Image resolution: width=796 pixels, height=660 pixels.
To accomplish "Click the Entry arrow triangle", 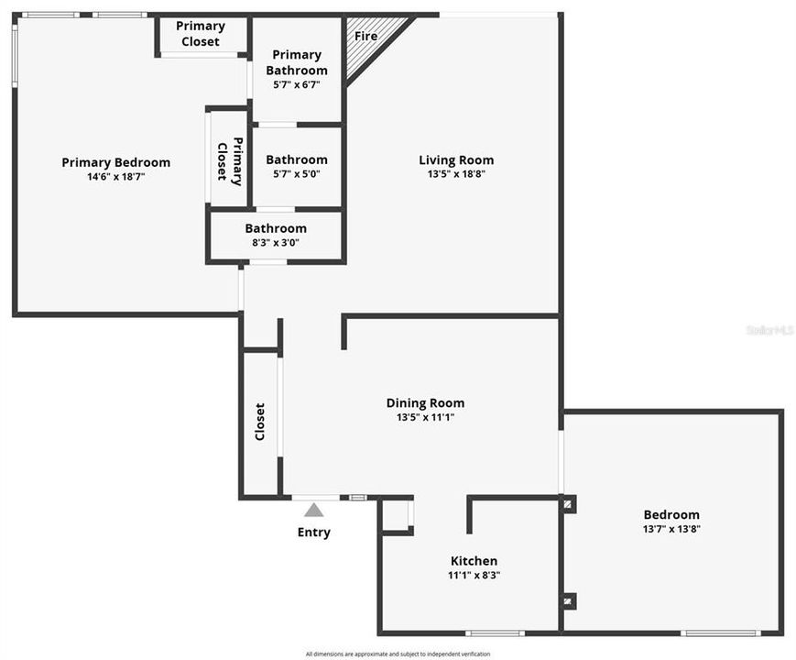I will tap(314, 510).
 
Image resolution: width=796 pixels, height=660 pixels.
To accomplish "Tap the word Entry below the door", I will tap(314, 533).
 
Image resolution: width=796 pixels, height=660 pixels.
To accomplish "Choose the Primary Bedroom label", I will tap(116, 162).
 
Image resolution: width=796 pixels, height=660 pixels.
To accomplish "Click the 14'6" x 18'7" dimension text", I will tap(116, 176).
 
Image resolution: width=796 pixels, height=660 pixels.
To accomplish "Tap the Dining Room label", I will tap(425, 403).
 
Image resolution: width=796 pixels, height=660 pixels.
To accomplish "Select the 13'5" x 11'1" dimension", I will tap(425, 417).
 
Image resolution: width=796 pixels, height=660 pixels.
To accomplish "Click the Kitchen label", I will tap(474, 561).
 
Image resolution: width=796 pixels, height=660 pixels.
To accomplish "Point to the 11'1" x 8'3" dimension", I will tap(474, 576).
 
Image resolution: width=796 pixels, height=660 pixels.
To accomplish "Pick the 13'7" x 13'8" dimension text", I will tap(671, 529).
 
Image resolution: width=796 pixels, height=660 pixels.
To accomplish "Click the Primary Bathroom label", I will tap(297, 62).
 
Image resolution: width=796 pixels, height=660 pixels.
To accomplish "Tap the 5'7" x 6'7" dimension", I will tap(297, 84).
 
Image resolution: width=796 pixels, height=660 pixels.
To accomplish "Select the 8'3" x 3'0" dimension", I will tap(276, 243).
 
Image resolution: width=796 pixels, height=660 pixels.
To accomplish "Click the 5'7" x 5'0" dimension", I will tap(297, 174).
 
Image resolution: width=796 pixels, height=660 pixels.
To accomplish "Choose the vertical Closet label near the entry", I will tap(260, 422).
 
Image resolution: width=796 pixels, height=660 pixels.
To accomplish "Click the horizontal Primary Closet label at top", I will tap(201, 34).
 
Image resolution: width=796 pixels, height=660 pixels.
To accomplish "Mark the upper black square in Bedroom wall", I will tap(569, 503).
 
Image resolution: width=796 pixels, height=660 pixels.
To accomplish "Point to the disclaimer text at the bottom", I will tap(398, 654).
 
